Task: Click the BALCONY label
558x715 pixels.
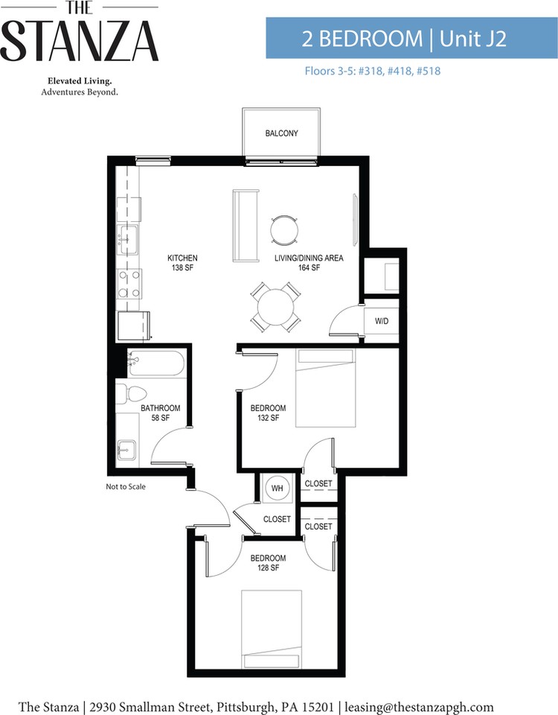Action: tap(281, 133)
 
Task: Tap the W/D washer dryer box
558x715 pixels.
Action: tap(381, 321)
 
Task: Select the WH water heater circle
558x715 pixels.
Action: tap(277, 489)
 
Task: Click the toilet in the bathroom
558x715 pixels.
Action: tap(131, 394)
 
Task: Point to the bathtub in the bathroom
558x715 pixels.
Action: tap(156, 363)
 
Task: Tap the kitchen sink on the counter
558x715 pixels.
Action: tap(128, 239)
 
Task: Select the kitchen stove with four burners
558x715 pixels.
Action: tap(129, 283)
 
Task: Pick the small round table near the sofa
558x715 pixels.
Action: tap(285, 230)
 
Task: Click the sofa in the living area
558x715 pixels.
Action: tap(246, 226)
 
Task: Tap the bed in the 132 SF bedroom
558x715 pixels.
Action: tap(325, 388)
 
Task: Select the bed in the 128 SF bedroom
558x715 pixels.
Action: tap(272, 630)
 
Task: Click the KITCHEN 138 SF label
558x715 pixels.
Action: tap(182, 263)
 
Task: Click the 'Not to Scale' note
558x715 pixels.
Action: tap(126, 486)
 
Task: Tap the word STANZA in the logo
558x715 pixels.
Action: tap(80, 42)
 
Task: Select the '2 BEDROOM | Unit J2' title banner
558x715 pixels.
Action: tap(411, 38)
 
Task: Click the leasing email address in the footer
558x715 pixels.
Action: tap(419, 707)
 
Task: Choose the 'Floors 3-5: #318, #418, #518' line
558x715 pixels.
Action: tap(373, 71)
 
